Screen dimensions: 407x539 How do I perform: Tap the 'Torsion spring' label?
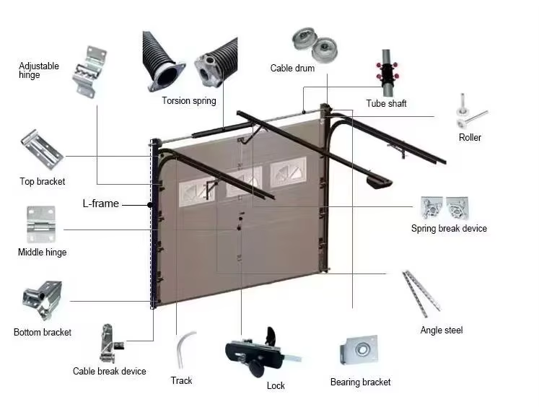pos(188,101)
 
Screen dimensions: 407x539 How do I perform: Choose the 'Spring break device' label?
pos(449,229)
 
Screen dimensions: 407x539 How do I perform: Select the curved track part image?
pos(183,349)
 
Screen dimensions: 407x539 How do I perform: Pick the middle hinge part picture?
pos(40,223)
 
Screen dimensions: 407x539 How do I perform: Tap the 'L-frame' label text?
pos(100,204)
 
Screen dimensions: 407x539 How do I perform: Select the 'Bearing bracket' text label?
pos(360,382)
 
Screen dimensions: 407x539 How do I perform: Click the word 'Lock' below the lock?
pos(276,386)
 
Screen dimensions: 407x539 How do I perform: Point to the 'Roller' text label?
pos(470,137)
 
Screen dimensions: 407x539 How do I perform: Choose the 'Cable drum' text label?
pos(292,69)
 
